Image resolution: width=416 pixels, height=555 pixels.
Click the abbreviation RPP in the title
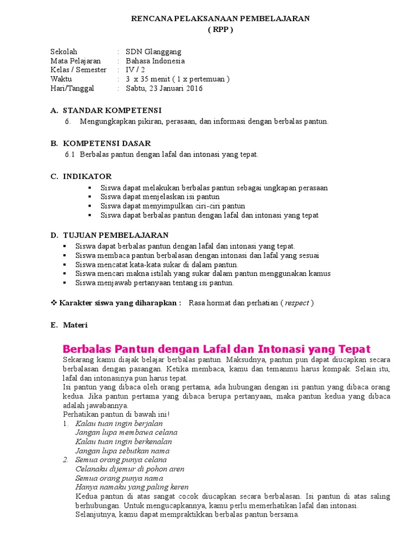click(220, 30)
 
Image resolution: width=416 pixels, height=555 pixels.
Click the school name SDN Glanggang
click(153, 52)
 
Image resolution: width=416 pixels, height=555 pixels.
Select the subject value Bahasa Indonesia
click(155, 61)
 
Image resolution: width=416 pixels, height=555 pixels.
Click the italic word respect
click(297, 303)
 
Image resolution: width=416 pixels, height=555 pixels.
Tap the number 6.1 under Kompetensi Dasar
click(69, 155)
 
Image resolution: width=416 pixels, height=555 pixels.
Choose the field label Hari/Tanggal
click(72, 88)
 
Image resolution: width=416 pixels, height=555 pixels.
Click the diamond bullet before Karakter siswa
click(54, 303)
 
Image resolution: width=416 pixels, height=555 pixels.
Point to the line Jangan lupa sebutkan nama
click(122, 451)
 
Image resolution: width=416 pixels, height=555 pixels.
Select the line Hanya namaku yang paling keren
click(132, 487)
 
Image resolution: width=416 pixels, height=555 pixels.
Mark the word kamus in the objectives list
click(319, 274)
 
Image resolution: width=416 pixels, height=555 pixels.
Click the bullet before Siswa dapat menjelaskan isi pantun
click(89, 197)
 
